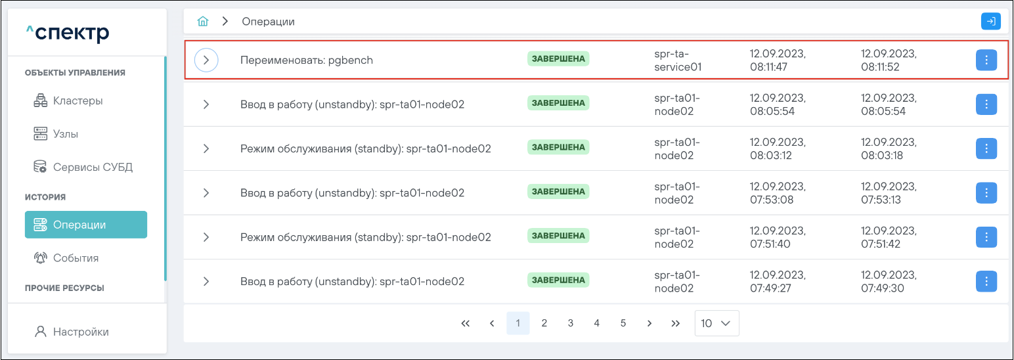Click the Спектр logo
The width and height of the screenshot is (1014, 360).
(68, 33)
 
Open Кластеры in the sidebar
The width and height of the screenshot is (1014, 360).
(77, 101)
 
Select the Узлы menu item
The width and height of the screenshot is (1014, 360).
(65, 134)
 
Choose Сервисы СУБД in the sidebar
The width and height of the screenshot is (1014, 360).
(92, 167)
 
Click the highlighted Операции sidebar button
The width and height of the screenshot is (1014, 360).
(86, 225)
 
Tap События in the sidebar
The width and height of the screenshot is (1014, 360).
(76, 258)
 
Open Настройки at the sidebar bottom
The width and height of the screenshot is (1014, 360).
(81, 332)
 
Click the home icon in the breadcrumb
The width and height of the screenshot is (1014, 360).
(203, 22)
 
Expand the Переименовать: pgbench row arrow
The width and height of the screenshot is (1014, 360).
(206, 60)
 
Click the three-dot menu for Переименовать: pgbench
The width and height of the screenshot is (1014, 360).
(986, 60)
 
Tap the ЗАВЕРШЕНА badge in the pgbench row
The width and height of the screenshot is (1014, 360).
(558, 58)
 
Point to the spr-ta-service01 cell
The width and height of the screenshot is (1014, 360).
(678, 60)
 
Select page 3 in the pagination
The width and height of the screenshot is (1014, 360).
(571, 323)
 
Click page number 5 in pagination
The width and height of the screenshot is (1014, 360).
(623, 323)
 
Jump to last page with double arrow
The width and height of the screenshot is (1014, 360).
(675, 323)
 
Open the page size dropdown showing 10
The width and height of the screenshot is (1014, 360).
(716, 323)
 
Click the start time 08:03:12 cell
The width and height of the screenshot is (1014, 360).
(778, 149)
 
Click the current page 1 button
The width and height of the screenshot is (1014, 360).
(518, 323)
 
